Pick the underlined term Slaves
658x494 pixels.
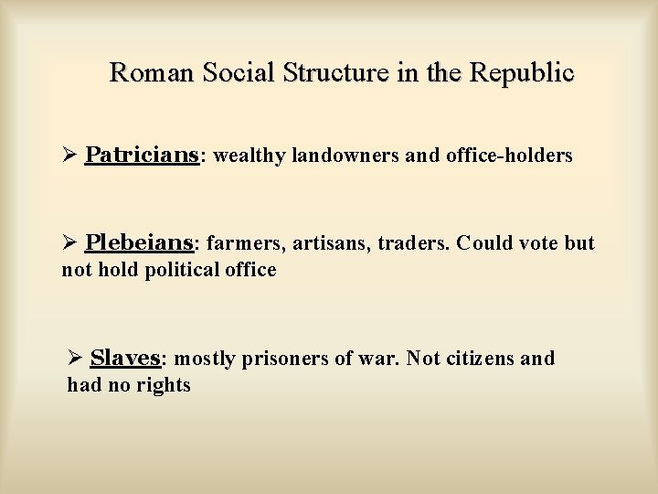tap(126, 358)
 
